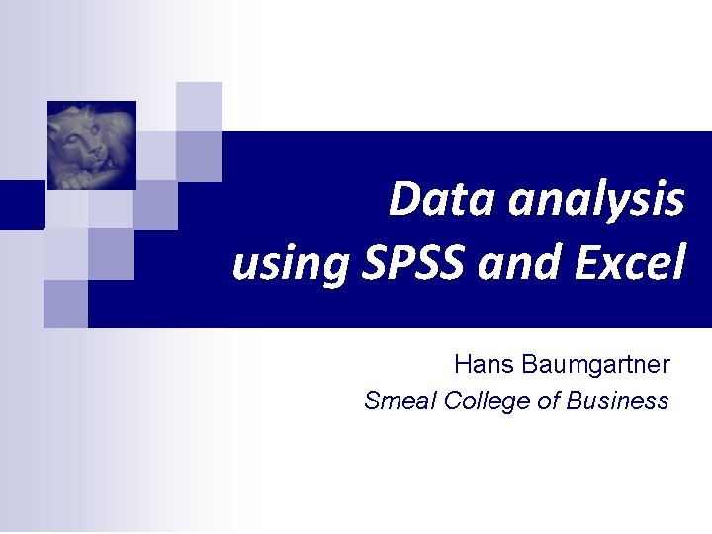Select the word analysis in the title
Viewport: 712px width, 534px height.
pos(595,201)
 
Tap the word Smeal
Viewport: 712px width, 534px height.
pos(400,400)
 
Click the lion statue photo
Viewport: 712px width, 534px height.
pos(92,144)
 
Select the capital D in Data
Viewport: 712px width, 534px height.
pos(405,199)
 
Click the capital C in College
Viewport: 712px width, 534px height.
pos(454,401)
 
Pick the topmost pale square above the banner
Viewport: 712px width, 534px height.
pos(199,105)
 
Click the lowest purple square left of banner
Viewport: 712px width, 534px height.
pos(65,304)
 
